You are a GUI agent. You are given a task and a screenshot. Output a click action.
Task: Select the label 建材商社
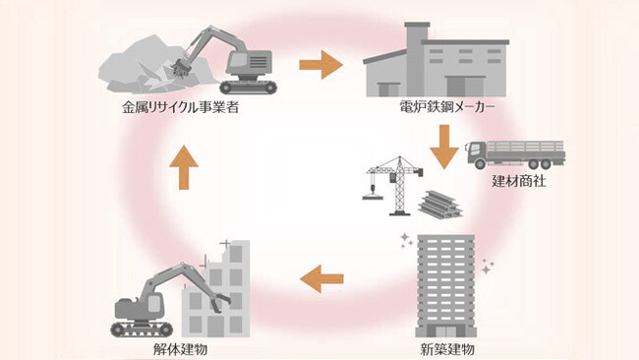516,182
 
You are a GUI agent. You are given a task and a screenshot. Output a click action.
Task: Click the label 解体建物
180,347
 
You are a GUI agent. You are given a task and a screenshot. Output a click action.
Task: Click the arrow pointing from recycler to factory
319,66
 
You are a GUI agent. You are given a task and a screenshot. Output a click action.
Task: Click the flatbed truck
516,152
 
